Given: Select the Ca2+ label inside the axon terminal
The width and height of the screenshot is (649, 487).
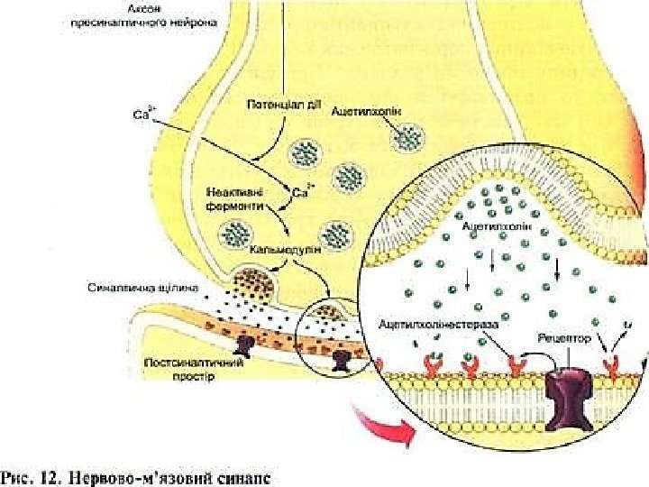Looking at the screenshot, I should [x=303, y=191].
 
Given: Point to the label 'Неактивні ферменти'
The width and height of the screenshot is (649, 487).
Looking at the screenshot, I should [x=236, y=198].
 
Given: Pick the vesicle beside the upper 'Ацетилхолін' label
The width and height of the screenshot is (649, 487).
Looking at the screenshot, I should [x=409, y=138].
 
